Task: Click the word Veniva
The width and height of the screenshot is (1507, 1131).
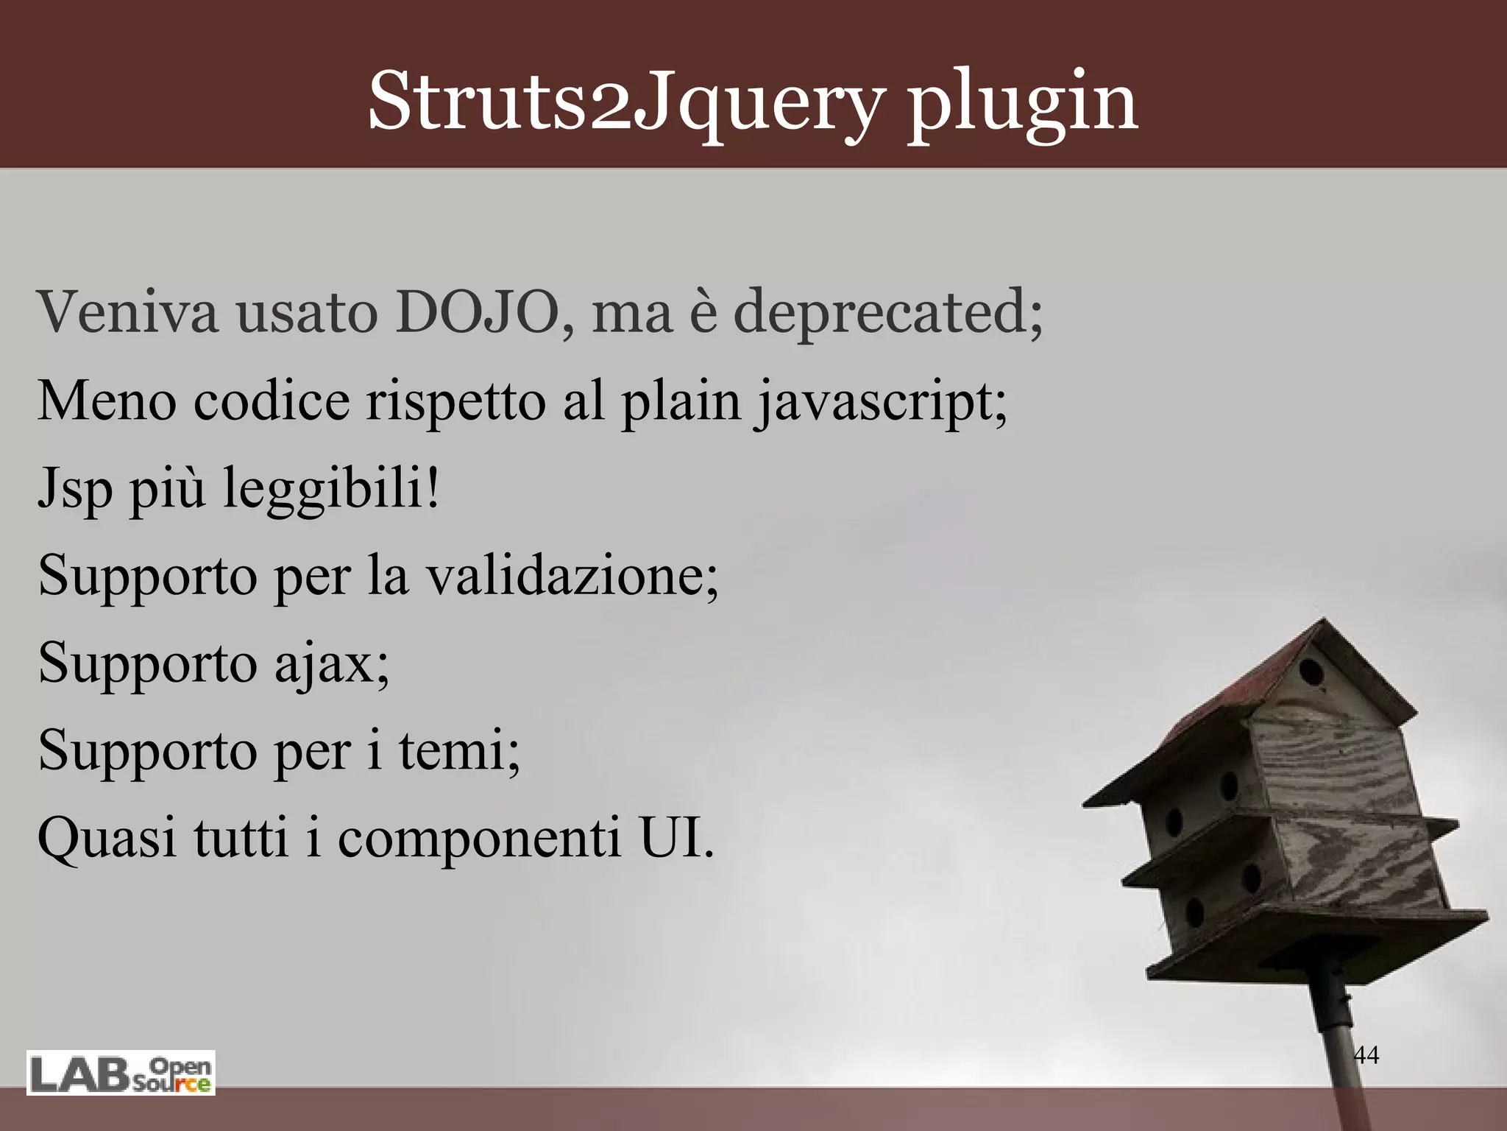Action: (128, 312)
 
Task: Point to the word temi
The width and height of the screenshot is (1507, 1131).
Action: (459, 750)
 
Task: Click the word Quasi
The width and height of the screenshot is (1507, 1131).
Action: (107, 839)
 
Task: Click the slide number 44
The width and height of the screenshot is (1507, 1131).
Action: (1366, 1054)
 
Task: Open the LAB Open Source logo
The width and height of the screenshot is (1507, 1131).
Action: (121, 1074)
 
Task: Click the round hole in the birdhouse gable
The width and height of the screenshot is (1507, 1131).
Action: (1311, 672)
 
